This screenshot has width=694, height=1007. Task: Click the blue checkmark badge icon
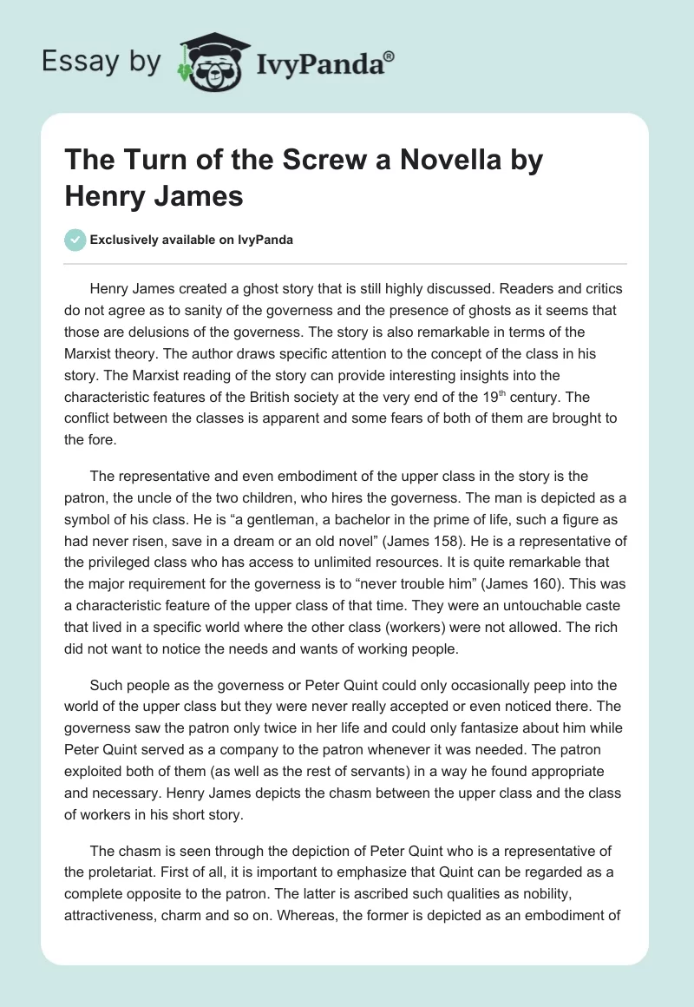coord(75,240)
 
